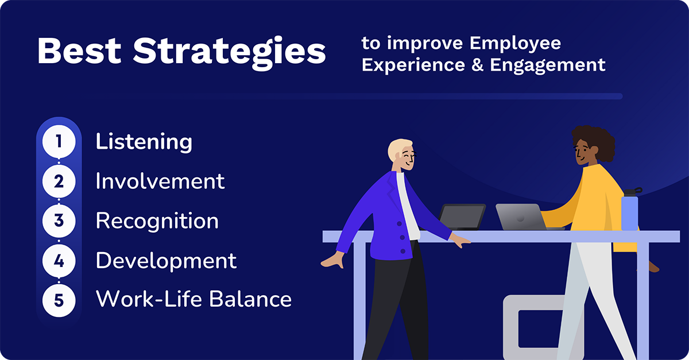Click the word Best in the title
[80, 52]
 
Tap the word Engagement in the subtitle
[547, 65]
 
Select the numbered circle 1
[59, 142]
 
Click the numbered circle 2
[59, 181]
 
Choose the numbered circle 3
[59, 221]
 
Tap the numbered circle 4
[59, 260]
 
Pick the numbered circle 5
[59, 299]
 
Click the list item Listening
[144, 142]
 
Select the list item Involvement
[160, 181]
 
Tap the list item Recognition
[157, 221]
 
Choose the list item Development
[166, 260]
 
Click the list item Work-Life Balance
[193, 299]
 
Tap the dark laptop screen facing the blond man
[462, 217]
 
